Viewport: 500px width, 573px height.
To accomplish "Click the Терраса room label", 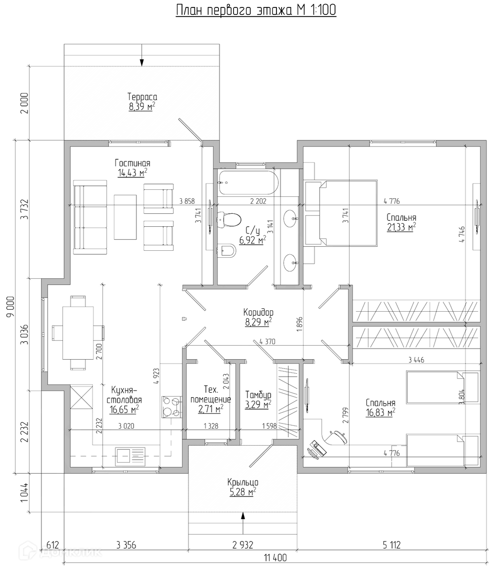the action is click(x=142, y=97).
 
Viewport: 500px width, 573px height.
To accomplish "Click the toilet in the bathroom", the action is click(x=229, y=220).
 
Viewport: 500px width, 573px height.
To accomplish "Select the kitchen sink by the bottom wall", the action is click(x=130, y=457).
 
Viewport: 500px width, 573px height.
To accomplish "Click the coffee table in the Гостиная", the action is click(x=125, y=217).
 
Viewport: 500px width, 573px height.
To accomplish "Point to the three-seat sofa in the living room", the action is click(x=90, y=217).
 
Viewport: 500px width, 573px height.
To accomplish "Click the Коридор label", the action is click(x=258, y=312).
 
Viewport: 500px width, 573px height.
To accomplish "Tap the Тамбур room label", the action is click(x=258, y=395).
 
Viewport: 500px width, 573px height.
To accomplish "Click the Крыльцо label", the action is click(x=243, y=483).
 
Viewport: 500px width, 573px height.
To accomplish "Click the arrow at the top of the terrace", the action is click(x=142, y=55).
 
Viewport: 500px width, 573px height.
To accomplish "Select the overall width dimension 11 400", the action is click(x=275, y=558).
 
